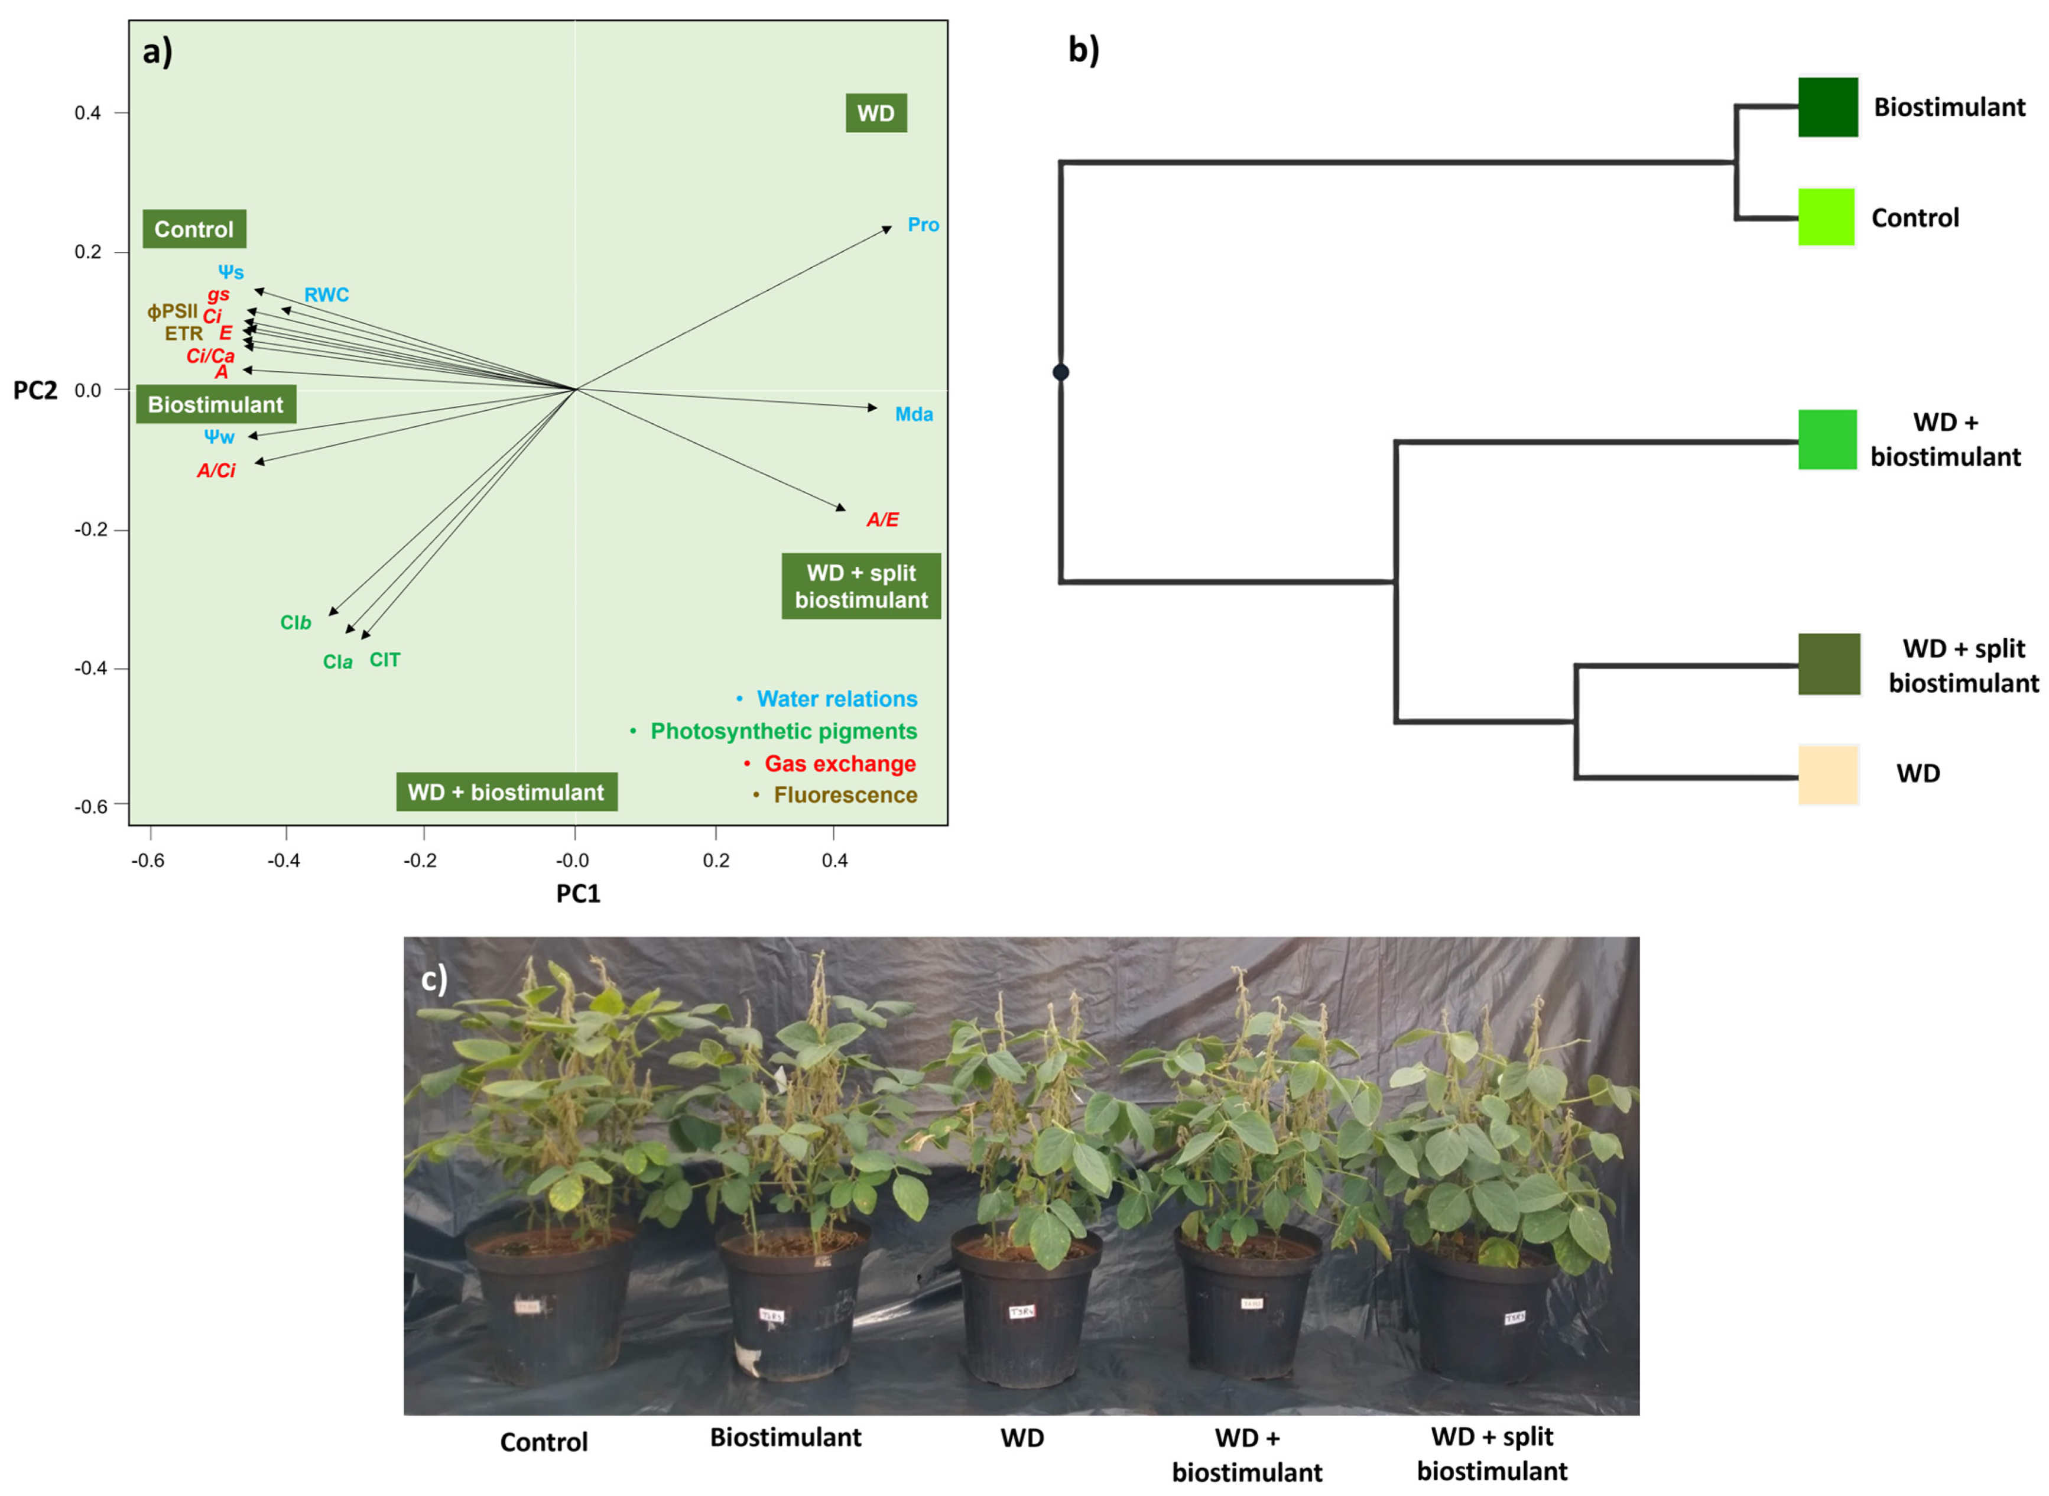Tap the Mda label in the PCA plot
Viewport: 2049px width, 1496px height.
click(914, 414)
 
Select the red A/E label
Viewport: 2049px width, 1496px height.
click(882, 519)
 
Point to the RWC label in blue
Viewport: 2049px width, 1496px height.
click(326, 294)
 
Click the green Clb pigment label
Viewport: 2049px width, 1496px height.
click(295, 622)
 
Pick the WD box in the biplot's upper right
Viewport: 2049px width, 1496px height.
click(875, 113)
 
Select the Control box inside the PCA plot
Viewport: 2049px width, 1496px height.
click(194, 229)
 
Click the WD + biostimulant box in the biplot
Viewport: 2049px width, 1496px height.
click(506, 793)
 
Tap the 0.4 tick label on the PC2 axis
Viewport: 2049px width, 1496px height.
click(88, 113)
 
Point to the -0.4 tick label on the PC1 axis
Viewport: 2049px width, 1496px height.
click(284, 860)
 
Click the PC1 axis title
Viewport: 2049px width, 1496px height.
click(577, 894)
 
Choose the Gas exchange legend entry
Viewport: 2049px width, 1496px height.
click(839, 764)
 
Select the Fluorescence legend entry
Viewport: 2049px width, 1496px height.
click(845, 795)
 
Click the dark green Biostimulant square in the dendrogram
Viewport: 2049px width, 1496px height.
click(1827, 107)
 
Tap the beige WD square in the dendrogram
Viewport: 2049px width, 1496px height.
click(1827, 774)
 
